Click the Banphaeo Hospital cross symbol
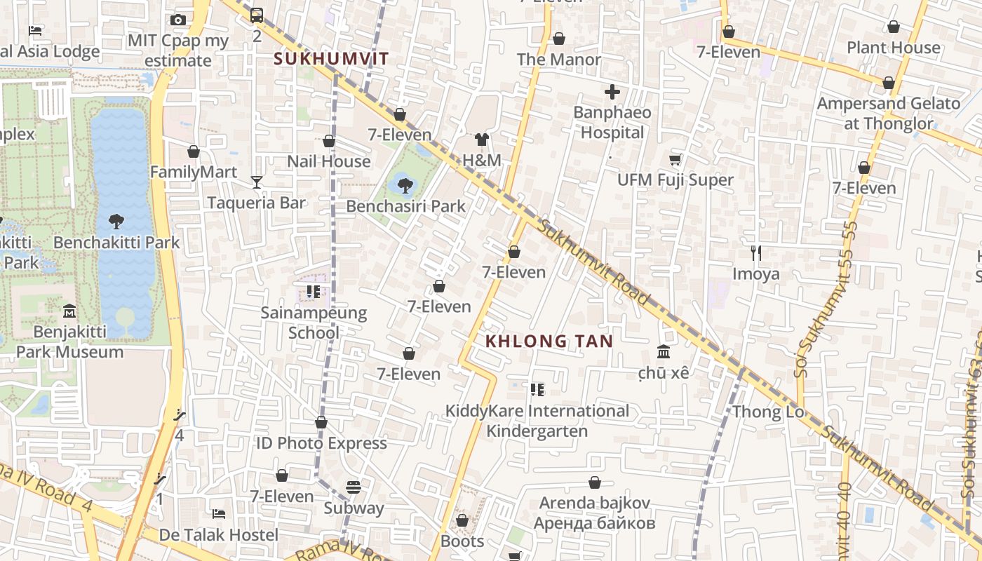coord(612,92)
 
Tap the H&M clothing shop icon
coord(482,140)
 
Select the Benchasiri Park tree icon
coord(405,186)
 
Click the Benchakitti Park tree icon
coord(116,222)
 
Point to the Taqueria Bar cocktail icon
coord(257,182)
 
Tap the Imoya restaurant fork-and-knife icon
coord(755,252)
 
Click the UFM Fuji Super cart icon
coord(675,160)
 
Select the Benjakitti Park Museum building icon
coord(69,310)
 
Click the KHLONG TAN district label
coord(549,342)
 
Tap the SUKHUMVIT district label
coord(331,59)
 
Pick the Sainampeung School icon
coord(313,292)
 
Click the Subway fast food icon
coord(354,487)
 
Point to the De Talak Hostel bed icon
coord(219,514)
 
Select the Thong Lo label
coord(768,412)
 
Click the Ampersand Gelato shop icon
coord(888,83)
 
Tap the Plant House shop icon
coord(893,27)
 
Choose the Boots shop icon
coord(462,520)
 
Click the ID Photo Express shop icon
coord(321,422)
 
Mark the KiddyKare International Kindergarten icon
coord(537,390)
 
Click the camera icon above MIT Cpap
coord(178,20)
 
